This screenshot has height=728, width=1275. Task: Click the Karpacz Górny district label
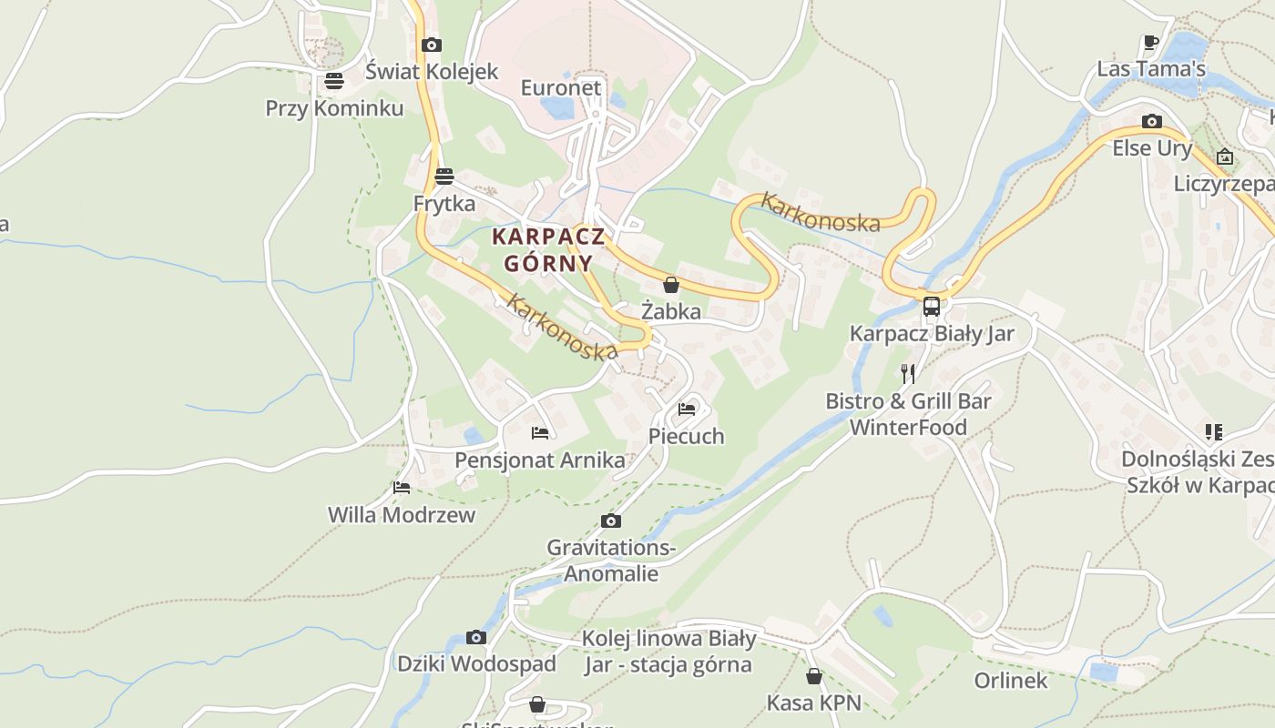(548, 249)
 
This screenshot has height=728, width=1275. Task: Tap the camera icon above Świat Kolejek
(432, 45)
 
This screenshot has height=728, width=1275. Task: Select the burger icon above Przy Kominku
(334, 81)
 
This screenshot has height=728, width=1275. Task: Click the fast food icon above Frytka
(444, 177)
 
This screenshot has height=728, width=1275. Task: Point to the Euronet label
(561, 87)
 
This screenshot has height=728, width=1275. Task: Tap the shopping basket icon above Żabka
(671, 285)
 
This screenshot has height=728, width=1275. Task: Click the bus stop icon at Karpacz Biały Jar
(931, 307)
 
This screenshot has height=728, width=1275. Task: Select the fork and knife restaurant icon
(907, 373)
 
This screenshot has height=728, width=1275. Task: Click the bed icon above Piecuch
(687, 409)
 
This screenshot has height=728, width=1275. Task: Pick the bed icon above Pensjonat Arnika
(540, 432)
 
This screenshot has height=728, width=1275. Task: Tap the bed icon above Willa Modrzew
(402, 488)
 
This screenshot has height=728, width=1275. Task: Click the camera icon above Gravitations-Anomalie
(611, 521)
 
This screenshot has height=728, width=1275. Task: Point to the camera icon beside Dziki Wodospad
(475, 637)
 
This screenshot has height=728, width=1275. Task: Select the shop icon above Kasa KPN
(814, 676)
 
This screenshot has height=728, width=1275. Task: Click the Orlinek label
(1011, 681)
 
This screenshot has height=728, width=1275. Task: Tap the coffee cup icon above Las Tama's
(1151, 42)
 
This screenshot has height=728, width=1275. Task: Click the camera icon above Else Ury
(1151, 121)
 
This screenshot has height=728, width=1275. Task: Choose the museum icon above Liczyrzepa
(1225, 157)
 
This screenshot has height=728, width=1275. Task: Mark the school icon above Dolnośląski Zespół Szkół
(1213, 431)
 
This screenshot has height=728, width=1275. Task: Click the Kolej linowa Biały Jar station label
(668, 652)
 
